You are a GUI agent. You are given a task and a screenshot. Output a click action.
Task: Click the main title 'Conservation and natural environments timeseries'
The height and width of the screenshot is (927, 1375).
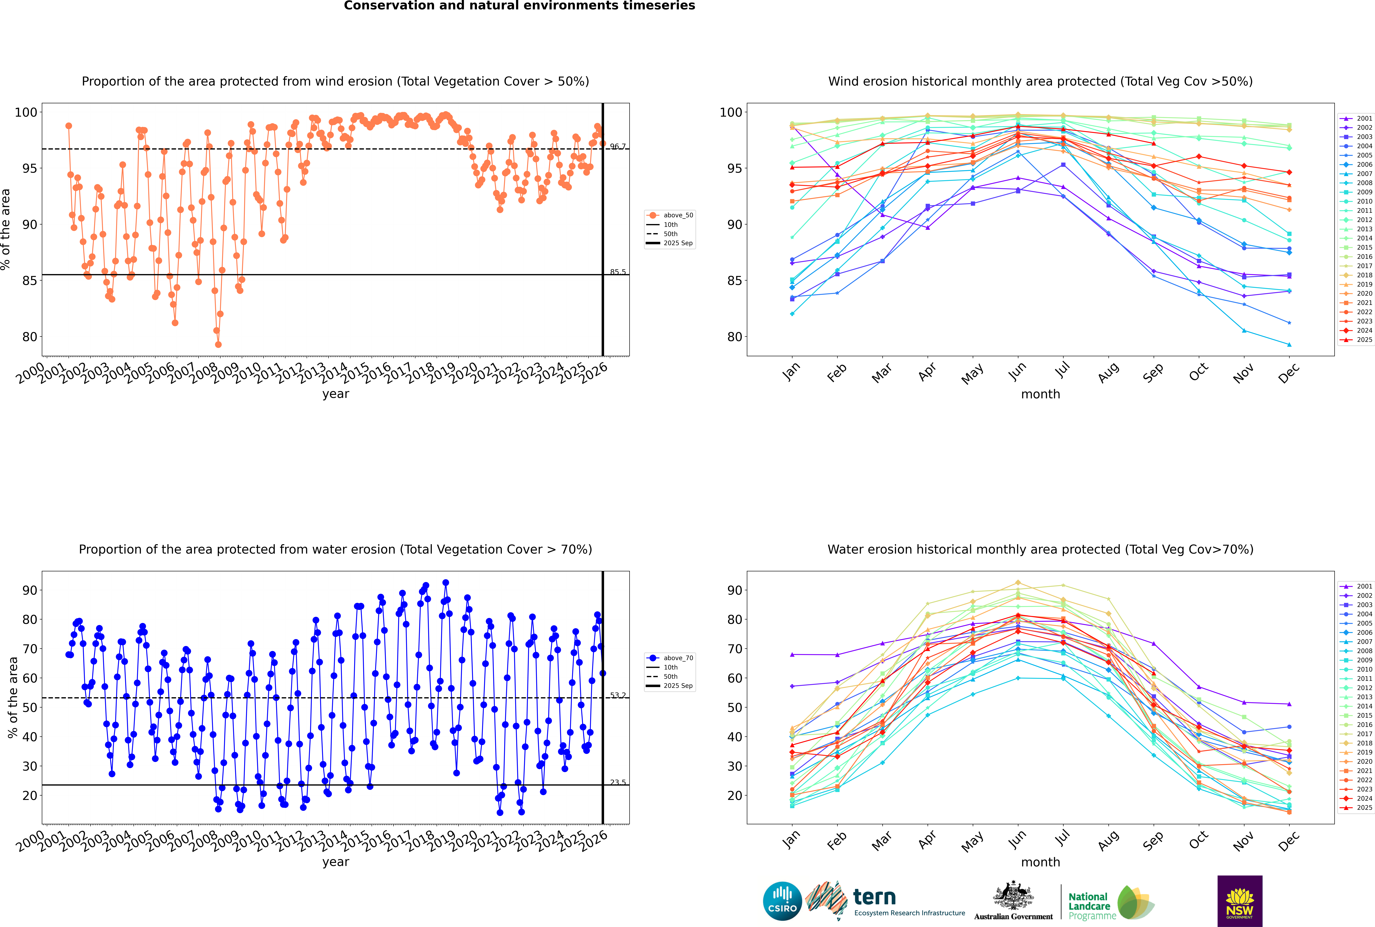point(519,6)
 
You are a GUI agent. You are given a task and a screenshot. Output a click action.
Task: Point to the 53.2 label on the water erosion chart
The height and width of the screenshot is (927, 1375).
point(618,695)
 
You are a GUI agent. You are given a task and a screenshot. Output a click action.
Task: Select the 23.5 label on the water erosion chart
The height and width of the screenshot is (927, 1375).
point(618,782)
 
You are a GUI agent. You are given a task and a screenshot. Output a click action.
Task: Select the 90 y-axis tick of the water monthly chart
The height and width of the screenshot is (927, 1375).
point(735,590)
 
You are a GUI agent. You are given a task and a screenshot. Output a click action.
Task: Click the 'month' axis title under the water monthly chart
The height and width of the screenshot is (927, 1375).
point(1040,862)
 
